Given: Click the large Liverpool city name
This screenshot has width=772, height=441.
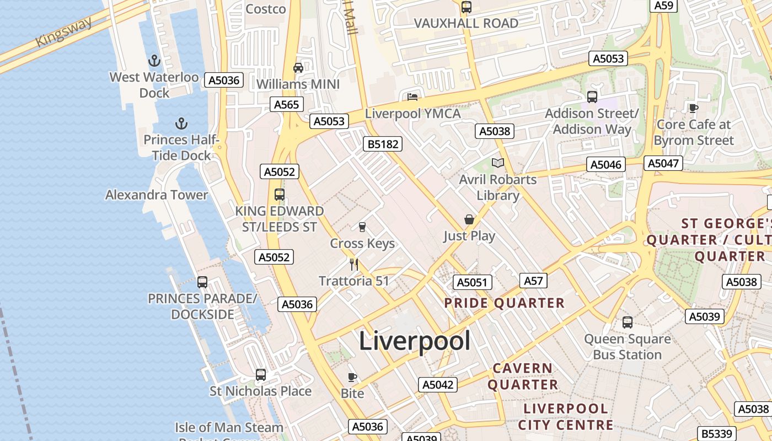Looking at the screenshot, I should [415, 341].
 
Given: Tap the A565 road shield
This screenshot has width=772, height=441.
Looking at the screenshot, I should [287, 105].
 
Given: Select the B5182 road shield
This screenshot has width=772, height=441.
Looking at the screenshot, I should [383, 144].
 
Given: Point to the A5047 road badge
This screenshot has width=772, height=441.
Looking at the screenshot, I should [663, 163].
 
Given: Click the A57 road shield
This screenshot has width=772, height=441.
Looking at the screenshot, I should [533, 281].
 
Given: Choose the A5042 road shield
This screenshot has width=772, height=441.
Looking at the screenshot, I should [438, 385].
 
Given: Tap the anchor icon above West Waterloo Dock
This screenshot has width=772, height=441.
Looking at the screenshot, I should [154, 60].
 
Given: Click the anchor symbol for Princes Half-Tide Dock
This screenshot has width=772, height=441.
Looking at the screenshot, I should [181, 123].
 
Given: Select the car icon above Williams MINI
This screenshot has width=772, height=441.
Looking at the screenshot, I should [298, 68].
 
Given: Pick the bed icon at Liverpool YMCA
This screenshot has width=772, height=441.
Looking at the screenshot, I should [412, 97].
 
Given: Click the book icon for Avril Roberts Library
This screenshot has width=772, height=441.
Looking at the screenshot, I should [498, 163].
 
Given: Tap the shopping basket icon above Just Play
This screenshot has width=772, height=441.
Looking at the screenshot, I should [469, 219].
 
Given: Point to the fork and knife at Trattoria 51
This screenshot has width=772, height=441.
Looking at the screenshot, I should [354, 265].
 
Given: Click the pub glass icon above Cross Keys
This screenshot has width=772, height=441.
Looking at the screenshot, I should [362, 227].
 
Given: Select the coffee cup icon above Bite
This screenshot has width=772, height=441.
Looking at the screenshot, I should [352, 377].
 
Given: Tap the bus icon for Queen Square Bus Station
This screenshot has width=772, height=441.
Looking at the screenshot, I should [628, 322].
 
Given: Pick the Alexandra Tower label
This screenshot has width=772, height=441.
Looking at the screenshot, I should [157, 195].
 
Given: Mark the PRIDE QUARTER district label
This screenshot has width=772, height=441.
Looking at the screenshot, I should [504, 303].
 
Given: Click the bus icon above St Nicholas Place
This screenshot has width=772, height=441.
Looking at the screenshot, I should [261, 375].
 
